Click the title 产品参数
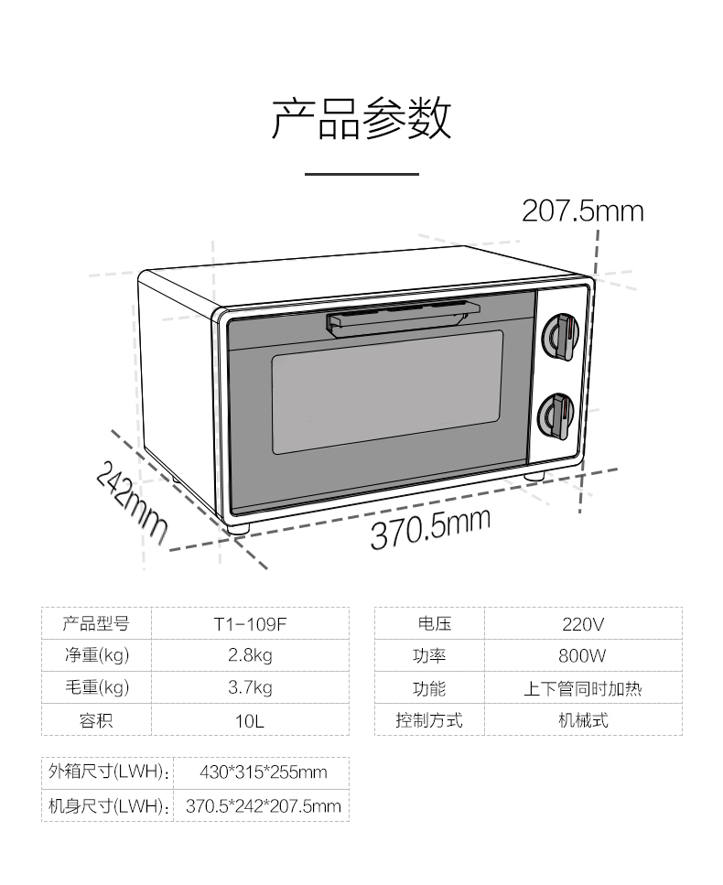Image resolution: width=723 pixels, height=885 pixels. [361, 119]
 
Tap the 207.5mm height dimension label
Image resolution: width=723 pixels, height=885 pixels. [582, 211]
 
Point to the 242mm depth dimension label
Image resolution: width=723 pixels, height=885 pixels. [132, 502]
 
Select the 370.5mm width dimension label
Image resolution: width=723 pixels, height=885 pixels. [430, 528]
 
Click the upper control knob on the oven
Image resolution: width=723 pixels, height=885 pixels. [560, 337]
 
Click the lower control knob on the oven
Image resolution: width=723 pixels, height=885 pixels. [556, 416]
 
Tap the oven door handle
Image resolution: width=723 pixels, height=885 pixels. [403, 318]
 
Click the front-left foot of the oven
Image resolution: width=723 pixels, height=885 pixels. [238, 528]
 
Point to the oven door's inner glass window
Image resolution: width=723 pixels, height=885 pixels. [387, 392]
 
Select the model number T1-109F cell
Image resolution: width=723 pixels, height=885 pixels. [250, 623]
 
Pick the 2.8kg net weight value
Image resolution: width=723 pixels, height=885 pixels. [250, 655]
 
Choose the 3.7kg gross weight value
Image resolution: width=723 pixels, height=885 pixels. [250, 687]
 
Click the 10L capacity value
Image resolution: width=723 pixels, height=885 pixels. [250, 721]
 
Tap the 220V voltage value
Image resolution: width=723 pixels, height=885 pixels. [583, 623]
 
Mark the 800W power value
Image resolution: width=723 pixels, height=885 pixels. [582, 656]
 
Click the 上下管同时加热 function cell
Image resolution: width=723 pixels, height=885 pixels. [583, 688]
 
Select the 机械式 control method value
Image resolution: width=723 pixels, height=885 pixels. [584, 720]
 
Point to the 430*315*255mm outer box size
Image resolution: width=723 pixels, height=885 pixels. [264, 772]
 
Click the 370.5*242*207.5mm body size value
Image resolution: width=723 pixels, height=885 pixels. [264, 805]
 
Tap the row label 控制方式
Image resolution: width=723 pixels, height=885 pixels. [429, 720]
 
